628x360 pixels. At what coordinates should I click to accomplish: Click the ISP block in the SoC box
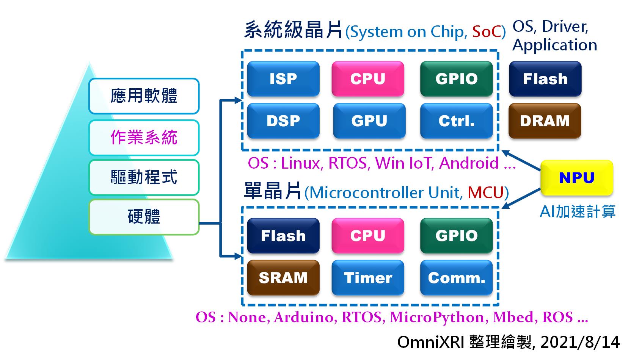[x=283, y=79]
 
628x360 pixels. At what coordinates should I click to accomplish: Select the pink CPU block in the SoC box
[x=367, y=79]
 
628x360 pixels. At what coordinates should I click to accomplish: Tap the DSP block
[x=283, y=121]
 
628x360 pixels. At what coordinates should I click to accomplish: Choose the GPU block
[x=369, y=121]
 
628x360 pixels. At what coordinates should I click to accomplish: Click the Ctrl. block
[x=456, y=121]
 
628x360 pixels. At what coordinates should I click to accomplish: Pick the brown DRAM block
[x=545, y=121]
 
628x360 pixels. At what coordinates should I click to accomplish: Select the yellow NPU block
[x=576, y=178]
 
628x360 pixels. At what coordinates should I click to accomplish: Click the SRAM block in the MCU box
[x=283, y=278]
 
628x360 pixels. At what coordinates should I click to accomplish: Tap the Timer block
[x=367, y=278]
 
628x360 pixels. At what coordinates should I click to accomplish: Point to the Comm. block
[x=456, y=278]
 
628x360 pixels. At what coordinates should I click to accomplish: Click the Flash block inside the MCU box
[x=283, y=236]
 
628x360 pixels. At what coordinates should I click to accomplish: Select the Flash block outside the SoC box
[x=545, y=79]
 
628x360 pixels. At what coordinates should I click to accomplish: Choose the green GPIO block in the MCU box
[x=456, y=236]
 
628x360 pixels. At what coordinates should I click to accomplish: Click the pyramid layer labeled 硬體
[x=144, y=217]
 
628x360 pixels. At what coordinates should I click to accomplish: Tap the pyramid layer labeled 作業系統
[x=144, y=138]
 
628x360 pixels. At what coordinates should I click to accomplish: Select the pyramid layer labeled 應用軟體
[x=144, y=96]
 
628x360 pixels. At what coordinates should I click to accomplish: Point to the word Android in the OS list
[x=469, y=163]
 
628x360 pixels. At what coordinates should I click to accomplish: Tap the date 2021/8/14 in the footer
[x=580, y=342]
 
